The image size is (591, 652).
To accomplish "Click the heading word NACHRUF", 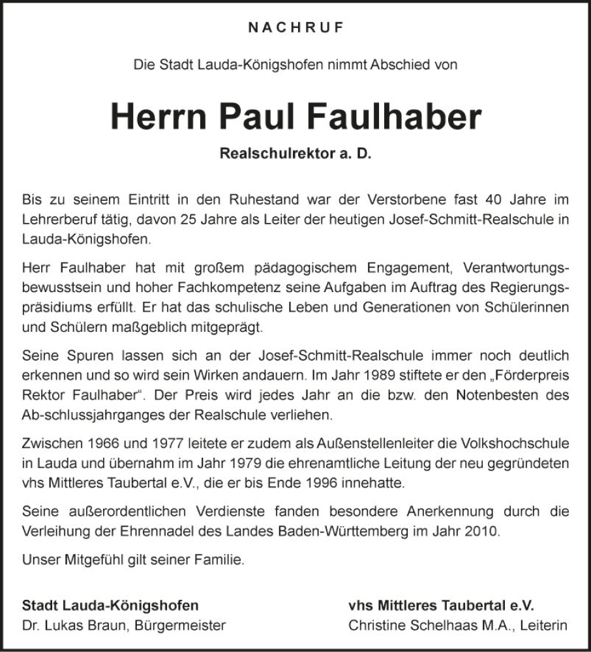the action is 295,27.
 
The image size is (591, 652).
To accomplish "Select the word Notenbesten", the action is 500,396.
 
